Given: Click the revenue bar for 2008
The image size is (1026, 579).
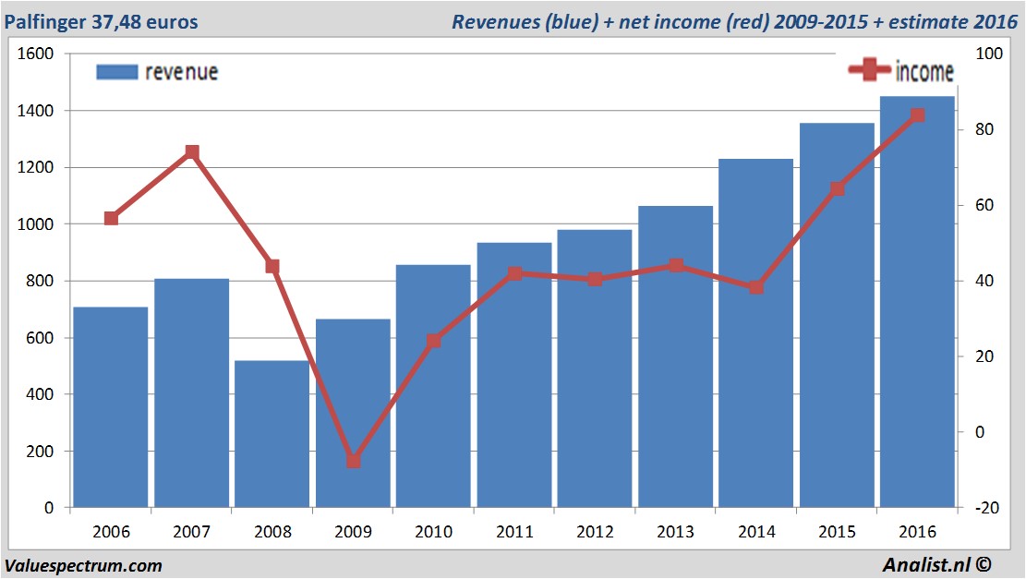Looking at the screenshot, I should [x=272, y=434].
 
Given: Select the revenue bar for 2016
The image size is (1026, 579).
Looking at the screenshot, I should [x=917, y=305].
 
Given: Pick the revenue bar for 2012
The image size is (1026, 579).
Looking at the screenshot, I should [x=595, y=369].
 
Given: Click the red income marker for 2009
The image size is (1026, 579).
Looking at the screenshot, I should [x=353, y=460].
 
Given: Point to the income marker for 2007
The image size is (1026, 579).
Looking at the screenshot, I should [x=192, y=152].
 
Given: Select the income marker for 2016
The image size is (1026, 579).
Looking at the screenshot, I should [x=917, y=115].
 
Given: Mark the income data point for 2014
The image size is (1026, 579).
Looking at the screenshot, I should [x=756, y=287].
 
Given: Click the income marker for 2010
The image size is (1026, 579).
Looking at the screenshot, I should [x=434, y=341].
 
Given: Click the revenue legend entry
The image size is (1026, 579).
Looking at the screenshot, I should [x=157, y=72].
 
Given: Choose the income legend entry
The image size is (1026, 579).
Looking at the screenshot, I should [x=900, y=70].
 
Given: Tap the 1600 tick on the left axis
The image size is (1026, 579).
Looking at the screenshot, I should [x=36, y=54].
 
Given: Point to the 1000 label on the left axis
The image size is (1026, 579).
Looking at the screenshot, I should [x=36, y=224].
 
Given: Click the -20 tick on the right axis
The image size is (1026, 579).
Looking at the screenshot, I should [x=987, y=508].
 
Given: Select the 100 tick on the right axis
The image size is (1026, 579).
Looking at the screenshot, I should [x=989, y=54].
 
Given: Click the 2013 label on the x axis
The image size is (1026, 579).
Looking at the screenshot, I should [x=675, y=533].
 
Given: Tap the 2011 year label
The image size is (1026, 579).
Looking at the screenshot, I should [x=514, y=533].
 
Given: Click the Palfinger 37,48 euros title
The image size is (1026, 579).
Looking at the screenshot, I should [x=101, y=21].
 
